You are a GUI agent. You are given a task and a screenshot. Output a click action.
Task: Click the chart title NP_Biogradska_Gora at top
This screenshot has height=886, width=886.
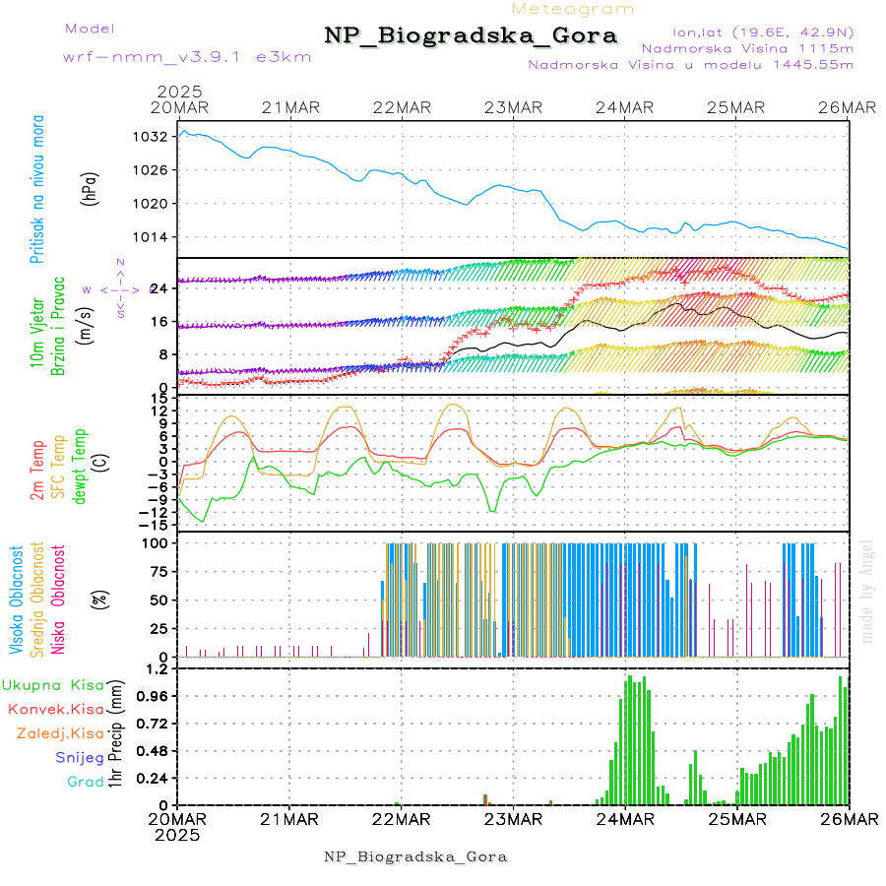[471, 36]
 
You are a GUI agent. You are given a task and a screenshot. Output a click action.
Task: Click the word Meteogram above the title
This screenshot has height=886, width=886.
[573, 9]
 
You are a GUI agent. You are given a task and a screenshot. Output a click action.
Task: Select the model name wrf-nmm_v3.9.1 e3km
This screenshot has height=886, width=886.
[186, 56]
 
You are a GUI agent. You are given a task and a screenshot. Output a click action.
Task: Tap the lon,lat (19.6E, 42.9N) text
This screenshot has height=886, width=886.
[762, 31]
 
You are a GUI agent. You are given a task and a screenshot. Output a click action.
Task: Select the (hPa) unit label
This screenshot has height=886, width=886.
[91, 187]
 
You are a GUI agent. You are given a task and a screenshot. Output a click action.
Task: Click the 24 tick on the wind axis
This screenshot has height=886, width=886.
[158, 287]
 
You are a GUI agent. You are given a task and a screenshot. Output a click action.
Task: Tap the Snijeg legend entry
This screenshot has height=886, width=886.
[79, 757]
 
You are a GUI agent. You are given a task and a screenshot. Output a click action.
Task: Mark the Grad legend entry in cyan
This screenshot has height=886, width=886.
[85, 782]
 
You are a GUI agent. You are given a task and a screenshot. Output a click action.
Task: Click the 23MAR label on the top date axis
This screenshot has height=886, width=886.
[513, 107]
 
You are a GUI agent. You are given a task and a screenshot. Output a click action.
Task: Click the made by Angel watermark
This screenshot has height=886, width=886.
[867, 591]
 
